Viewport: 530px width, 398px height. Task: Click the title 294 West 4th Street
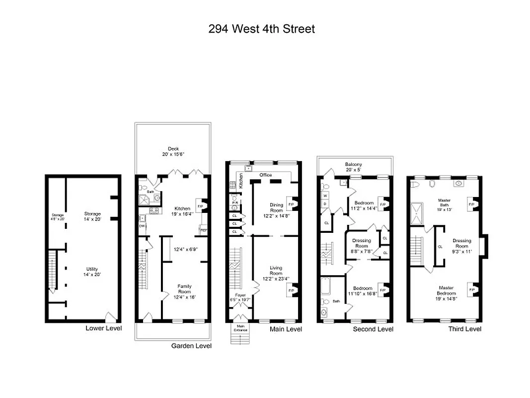(261, 29)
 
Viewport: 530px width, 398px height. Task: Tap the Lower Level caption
(103, 328)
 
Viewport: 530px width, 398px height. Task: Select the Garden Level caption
(191, 346)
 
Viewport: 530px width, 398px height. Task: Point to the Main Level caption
(286, 329)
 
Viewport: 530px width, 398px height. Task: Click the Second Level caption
(373, 329)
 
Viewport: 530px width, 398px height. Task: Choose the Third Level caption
(464, 329)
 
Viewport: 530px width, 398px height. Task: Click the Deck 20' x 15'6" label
(173, 152)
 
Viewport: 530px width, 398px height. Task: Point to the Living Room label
(276, 274)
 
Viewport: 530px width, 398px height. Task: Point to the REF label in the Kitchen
(203, 230)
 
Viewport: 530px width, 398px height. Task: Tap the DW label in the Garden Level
(142, 225)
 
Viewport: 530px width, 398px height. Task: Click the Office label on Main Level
(266, 175)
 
